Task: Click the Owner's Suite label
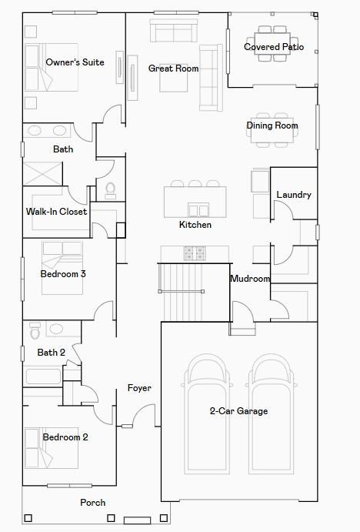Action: tap(75, 62)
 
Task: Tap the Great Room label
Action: tap(174, 69)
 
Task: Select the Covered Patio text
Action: tap(274, 47)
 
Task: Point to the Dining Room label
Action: tap(272, 125)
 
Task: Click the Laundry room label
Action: tap(294, 195)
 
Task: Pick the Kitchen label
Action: tap(195, 225)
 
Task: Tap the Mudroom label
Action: tap(250, 279)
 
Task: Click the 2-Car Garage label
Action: tap(239, 411)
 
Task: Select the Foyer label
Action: tap(139, 388)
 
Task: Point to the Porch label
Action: tap(93, 503)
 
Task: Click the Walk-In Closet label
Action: tap(57, 212)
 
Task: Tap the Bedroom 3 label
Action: tap(63, 274)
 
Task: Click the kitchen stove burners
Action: tap(195, 253)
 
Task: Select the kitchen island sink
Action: tap(198, 210)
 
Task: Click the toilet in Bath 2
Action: tap(35, 331)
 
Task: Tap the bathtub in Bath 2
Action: tap(43, 376)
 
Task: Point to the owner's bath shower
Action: tap(43, 174)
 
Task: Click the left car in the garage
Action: tap(207, 414)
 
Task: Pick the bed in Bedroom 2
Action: tap(52, 448)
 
